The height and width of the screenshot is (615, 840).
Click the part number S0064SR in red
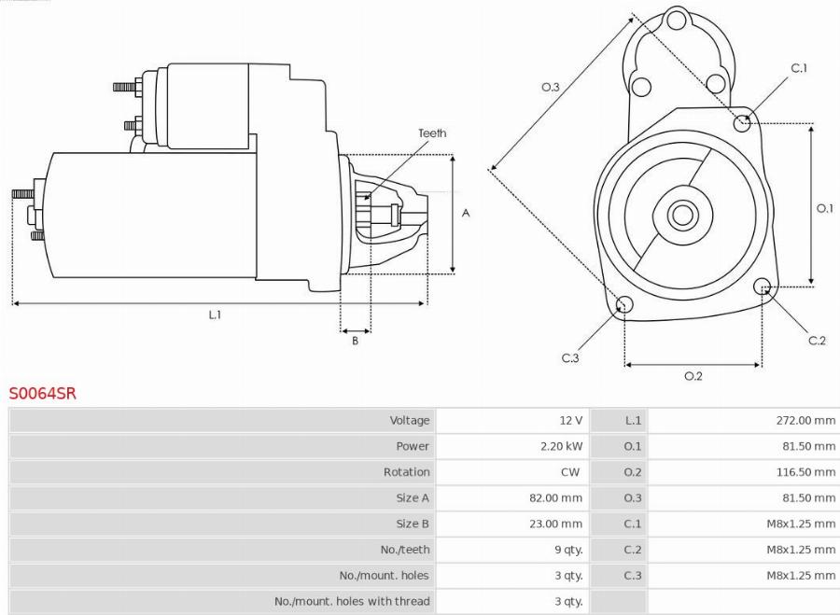[x=43, y=394]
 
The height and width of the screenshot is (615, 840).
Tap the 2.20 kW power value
[x=563, y=446]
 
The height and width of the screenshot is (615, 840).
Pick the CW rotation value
[x=570, y=472]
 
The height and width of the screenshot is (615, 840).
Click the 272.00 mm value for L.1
[x=805, y=421]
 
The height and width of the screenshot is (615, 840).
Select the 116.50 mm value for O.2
[x=805, y=472]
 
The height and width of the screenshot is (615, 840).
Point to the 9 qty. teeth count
[x=568, y=550]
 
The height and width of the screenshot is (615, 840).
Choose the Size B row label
[x=413, y=524]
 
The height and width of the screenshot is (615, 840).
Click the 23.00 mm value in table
[x=555, y=524]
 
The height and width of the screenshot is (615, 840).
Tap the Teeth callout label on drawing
[x=432, y=133]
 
